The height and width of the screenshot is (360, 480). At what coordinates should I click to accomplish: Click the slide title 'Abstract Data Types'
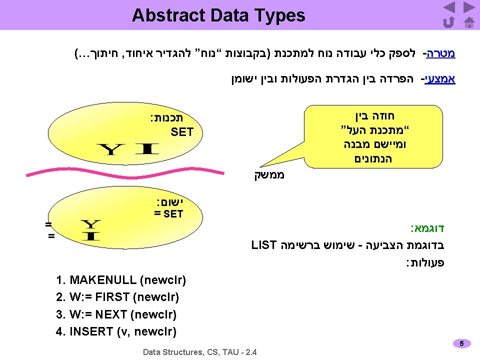(218, 15)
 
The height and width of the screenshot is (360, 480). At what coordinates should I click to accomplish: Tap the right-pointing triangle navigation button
(468, 7)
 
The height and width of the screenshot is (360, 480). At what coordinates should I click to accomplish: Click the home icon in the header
(468, 22)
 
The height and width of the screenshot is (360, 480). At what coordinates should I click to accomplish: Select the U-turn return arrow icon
(449, 22)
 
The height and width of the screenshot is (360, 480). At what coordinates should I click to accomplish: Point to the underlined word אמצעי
(440, 79)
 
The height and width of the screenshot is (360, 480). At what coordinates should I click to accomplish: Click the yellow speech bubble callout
(374, 135)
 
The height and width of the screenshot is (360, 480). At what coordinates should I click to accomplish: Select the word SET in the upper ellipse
(181, 132)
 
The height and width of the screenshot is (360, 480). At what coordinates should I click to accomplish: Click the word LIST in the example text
(264, 245)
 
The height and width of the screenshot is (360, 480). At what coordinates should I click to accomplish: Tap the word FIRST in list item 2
(113, 297)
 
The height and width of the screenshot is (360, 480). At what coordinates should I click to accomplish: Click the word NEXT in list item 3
(110, 314)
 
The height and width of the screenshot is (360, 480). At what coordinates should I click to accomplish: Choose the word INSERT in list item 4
(91, 331)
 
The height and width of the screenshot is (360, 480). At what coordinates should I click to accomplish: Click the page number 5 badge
(462, 343)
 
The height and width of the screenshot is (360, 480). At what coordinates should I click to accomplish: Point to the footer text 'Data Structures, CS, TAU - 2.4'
(200, 352)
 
